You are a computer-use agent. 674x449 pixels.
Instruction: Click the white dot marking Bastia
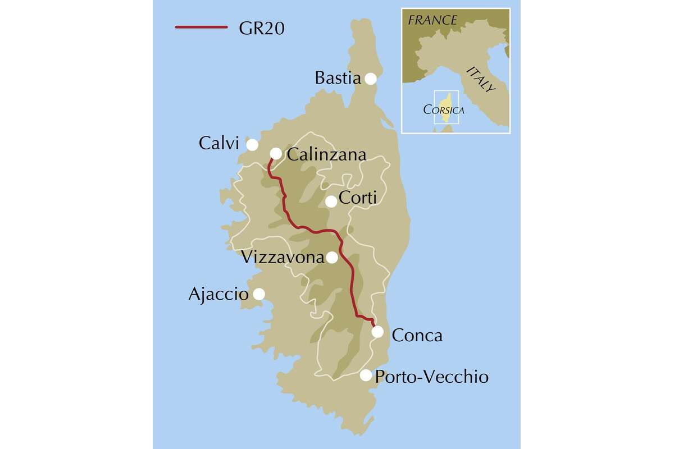(x=371, y=79)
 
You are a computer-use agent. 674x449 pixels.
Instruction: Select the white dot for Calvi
(x=252, y=145)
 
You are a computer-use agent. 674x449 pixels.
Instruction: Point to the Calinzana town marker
(x=276, y=153)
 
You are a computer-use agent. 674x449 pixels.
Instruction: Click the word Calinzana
(x=326, y=154)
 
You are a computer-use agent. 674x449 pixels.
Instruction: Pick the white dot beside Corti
(x=331, y=201)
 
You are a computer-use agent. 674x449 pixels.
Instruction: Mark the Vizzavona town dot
(x=332, y=258)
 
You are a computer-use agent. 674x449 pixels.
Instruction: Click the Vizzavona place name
(x=283, y=258)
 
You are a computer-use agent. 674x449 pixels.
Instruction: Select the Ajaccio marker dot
(x=259, y=294)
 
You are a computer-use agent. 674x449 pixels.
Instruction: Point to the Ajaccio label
(x=218, y=294)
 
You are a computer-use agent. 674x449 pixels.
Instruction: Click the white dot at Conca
(x=378, y=332)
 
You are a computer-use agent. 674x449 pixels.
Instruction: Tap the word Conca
(x=417, y=336)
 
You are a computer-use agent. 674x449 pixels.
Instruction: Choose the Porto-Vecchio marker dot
(x=366, y=375)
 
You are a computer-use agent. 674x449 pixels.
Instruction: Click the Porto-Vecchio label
(x=431, y=376)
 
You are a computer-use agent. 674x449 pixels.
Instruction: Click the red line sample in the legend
(x=201, y=26)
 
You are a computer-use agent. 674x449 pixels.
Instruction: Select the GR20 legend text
(x=261, y=28)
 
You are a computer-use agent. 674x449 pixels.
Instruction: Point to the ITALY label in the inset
(x=481, y=79)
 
